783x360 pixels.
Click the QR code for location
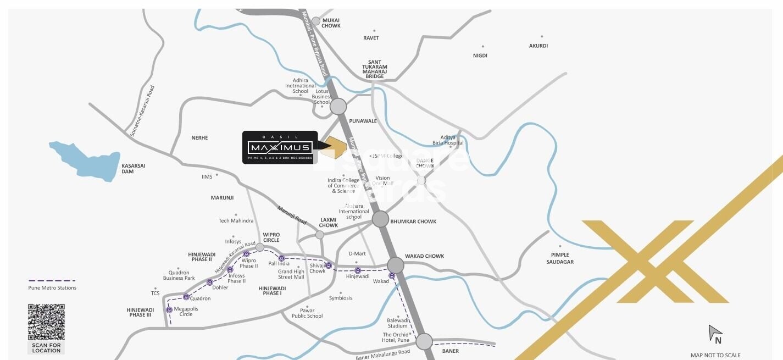(46, 322)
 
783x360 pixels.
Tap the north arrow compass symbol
(714, 333)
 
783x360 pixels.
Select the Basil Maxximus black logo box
(280, 147)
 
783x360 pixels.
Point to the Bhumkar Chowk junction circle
(380, 219)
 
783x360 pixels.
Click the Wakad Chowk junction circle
(396, 265)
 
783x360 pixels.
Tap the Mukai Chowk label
(331, 23)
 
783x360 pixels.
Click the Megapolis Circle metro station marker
(169, 310)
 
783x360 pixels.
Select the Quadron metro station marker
(186, 297)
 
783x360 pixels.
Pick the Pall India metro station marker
(281, 258)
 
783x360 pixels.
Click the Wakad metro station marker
(392, 275)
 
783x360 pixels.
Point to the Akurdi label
(538, 46)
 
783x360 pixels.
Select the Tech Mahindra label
(236, 220)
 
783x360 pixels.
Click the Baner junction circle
(424, 341)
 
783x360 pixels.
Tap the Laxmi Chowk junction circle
(320, 235)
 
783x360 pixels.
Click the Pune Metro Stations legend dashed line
(52, 281)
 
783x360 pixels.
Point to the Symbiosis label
(341, 298)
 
